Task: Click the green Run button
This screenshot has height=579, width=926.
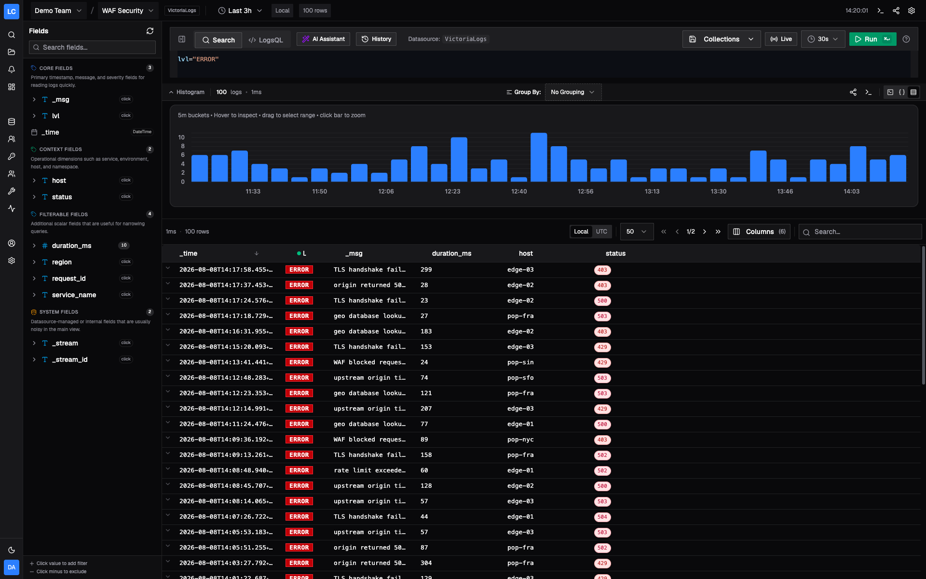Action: (872, 39)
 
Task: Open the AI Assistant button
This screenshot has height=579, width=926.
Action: (323, 39)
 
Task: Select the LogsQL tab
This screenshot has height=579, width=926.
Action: (266, 40)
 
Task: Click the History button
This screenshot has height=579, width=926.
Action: (376, 39)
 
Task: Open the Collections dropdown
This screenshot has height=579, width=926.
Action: (722, 39)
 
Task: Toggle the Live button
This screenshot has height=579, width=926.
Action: (781, 39)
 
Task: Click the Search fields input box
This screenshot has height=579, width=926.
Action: (92, 47)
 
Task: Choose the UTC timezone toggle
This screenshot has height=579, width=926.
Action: (601, 232)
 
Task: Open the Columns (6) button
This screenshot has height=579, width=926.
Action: (759, 232)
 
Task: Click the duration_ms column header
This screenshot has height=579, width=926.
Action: (451, 253)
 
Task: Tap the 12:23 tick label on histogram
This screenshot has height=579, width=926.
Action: (452, 192)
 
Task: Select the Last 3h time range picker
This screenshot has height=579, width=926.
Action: (240, 11)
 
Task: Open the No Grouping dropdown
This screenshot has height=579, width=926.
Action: (573, 92)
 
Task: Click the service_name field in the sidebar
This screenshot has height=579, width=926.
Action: (74, 295)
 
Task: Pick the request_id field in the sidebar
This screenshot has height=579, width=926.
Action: (68, 278)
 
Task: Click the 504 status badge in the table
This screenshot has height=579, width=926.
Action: (602, 517)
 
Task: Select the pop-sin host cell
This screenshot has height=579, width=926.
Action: (520, 362)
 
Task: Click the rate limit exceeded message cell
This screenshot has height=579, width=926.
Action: (369, 470)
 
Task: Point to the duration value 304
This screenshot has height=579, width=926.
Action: (426, 563)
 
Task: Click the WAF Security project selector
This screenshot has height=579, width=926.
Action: (127, 11)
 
